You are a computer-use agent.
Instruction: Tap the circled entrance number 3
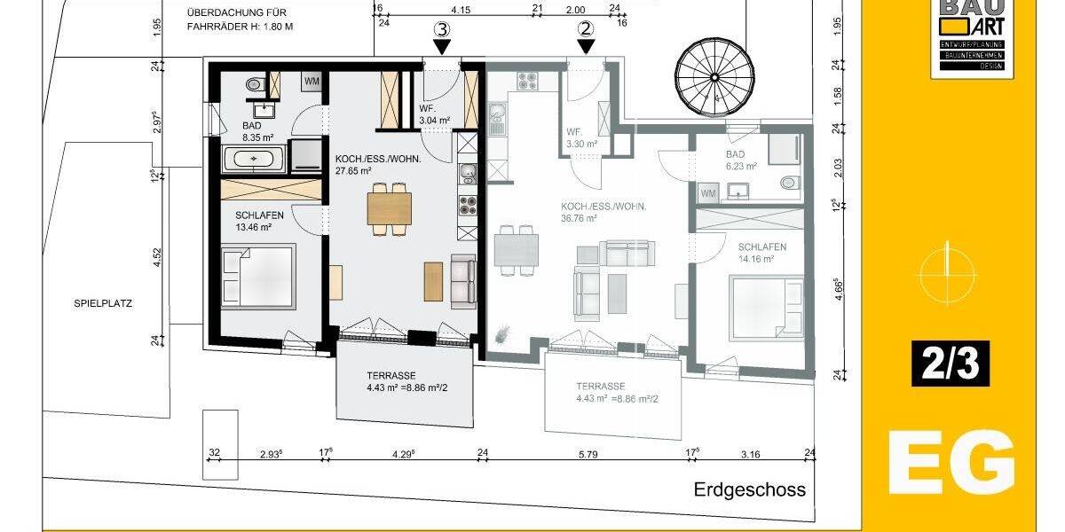pos(441,28)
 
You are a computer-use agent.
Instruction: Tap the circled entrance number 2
pos(585,28)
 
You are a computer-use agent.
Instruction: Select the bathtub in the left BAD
pos(255,160)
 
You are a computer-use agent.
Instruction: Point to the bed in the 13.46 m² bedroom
pos(257,277)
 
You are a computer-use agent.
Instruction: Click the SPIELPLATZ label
pos(103,302)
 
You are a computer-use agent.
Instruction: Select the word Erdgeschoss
pos(750,489)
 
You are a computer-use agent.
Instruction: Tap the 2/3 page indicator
pos(950,364)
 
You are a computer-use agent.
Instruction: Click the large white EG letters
pos(951,461)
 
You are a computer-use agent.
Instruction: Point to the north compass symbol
pos(948,266)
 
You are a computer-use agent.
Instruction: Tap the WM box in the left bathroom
pos(312,82)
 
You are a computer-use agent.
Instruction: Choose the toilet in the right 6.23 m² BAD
pos(787,183)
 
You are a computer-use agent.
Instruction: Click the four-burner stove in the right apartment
pos(527,82)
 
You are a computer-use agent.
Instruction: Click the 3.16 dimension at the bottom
pos(750,454)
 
